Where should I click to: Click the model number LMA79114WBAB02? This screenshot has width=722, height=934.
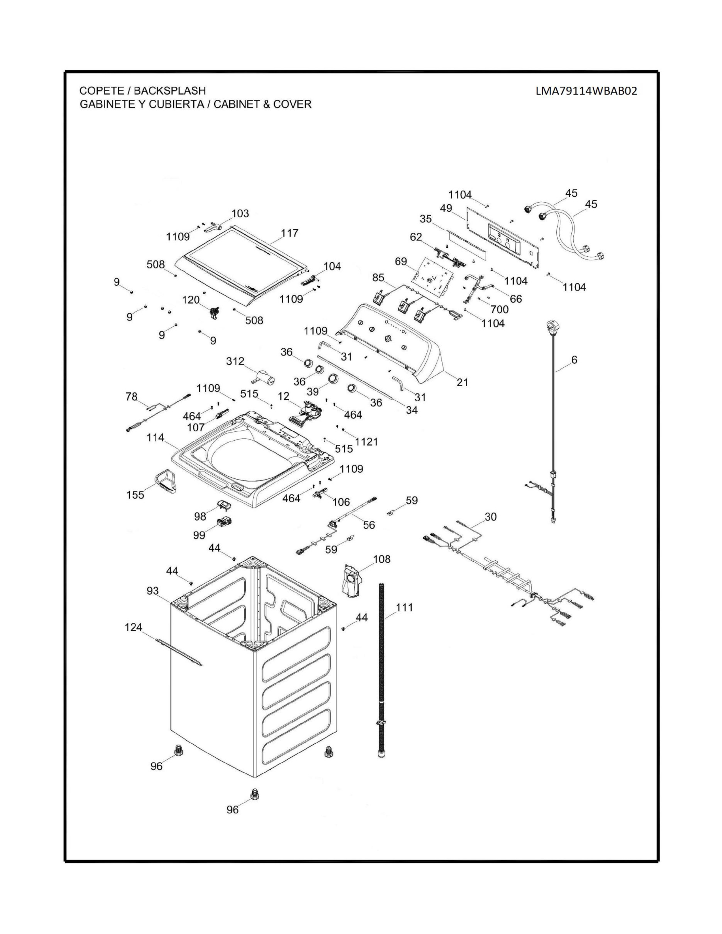(586, 91)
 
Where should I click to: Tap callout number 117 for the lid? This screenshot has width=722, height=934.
(290, 233)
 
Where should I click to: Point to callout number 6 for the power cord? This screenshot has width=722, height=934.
(574, 360)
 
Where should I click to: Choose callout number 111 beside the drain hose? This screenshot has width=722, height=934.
(404, 607)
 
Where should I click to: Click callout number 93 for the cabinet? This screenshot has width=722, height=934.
(153, 591)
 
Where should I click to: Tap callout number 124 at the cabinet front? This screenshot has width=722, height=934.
(133, 627)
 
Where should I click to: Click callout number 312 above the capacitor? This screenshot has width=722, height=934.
(235, 361)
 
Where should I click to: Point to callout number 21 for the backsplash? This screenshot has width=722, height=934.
(462, 382)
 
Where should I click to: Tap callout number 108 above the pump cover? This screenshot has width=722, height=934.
(382, 559)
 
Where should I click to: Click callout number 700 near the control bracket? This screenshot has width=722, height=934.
(499, 309)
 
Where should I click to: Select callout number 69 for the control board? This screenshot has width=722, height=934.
(401, 261)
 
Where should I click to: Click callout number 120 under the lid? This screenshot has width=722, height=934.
(191, 300)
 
